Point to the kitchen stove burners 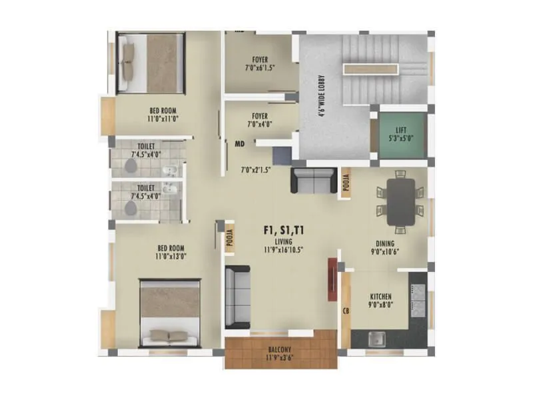click(x=418, y=300)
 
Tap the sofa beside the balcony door click(x=237, y=297)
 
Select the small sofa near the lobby click(x=313, y=180)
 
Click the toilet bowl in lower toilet click(x=130, y=207)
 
